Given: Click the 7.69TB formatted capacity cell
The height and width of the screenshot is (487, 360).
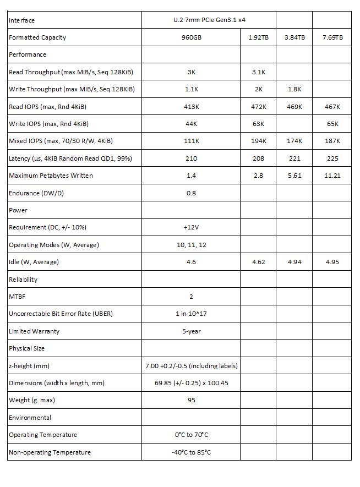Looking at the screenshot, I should coord(332,37).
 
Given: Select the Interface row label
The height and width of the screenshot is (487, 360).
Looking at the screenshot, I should coord(22,20).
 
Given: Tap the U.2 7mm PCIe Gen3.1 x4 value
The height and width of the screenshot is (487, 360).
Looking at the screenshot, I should coord(191,20).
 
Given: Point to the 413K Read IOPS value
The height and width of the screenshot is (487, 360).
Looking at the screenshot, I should coord(191,107).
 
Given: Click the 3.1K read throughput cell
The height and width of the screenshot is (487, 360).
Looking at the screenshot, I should coord(258,72).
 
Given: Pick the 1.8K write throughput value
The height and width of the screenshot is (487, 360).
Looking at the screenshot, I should coord(294,89).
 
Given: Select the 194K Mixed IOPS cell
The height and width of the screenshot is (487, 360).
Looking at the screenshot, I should coord(258,141).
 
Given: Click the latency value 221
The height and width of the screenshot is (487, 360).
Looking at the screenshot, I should coord(294,158).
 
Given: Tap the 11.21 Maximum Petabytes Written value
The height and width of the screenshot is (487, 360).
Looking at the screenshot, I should coord(332,176).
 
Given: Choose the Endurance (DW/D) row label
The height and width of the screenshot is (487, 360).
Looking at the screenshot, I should coord(32,193).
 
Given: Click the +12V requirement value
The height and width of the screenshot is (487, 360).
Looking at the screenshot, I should coord(191,227).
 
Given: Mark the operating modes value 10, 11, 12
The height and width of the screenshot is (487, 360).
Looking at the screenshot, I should coord(191,245).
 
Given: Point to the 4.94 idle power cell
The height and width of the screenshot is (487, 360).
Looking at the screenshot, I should coord(294,262).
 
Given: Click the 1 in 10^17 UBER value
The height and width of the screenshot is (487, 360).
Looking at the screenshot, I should coord(191,314).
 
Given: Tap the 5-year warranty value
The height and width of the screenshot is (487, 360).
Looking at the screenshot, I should coord(191,331).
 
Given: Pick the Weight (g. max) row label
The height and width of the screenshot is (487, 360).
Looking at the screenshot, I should coord(32,400).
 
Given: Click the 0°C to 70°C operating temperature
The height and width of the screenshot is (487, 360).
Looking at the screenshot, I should coord(191,435).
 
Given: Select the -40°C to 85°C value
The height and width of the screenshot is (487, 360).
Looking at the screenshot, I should coord(191,452).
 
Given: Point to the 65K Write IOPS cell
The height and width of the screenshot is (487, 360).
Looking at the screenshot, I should coord(332,124).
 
